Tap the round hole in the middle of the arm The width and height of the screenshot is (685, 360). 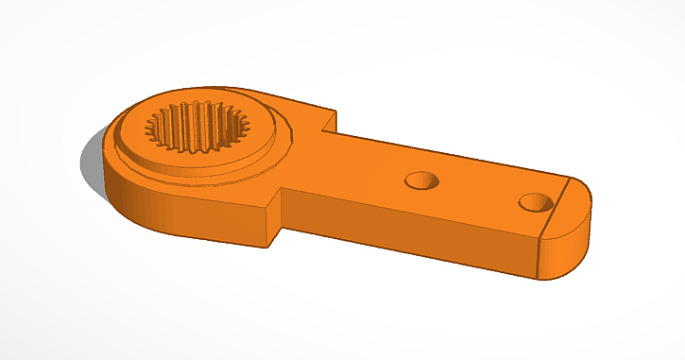click(421, 179)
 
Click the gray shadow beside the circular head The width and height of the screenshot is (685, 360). click(92, 165)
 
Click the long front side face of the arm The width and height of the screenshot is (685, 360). click(406, 231)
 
